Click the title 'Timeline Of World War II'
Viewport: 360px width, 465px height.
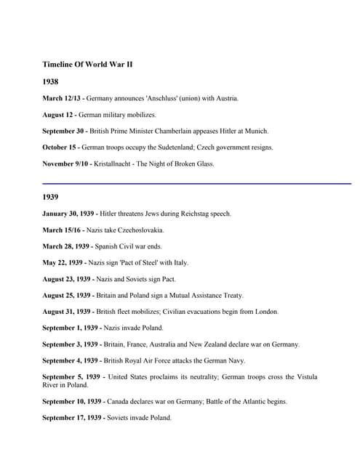pos(87,65)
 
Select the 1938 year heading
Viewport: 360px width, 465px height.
pos(50,82)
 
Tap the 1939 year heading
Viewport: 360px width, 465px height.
pos(50,197)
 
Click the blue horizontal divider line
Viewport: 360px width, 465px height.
pos(196,184)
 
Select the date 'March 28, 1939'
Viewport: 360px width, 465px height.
pos(71,246)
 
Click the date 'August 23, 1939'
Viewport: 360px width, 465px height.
pos(71,279)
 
